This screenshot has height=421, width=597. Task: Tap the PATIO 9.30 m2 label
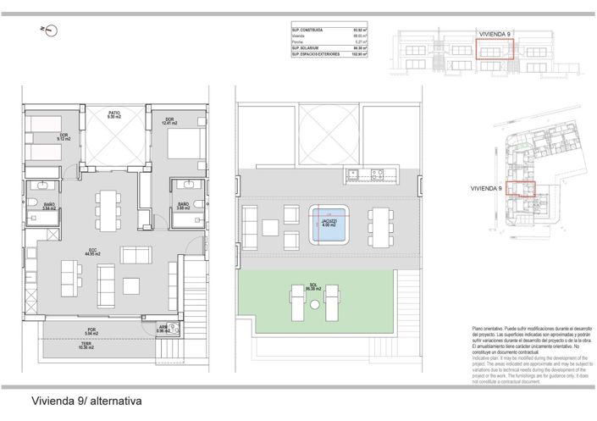coord(113,115)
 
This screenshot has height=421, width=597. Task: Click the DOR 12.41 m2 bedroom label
coord(169,121)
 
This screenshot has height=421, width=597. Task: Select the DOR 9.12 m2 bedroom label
coord(62,136)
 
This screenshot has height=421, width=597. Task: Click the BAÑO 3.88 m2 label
coord(183,207)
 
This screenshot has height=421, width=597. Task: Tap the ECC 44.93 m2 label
coord(91,252)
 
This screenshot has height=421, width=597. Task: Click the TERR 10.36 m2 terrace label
coord(86,346)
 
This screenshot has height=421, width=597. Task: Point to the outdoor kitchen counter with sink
coord(368,176)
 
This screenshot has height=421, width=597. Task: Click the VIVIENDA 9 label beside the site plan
coord(489,188)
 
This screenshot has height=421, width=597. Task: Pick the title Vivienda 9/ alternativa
coord(85,401)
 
